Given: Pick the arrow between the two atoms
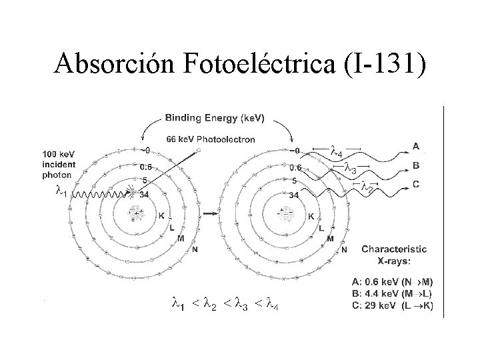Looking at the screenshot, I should tap(211, 214).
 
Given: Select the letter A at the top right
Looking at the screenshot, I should tap(417, 146).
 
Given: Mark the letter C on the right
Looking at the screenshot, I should tap(417, 185).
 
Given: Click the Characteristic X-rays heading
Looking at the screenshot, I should tap(394, 253).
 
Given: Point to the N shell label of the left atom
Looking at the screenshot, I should tap(195, 250).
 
